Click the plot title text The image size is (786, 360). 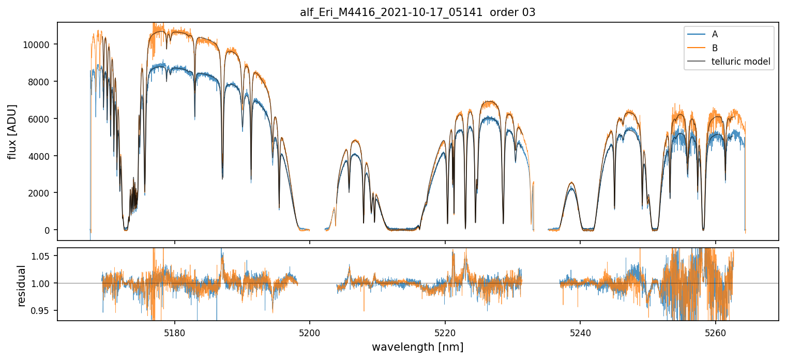pyautogui.click(x=417, y=12)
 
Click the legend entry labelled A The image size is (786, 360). pyautogui.click(x=715, y=34)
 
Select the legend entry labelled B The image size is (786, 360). pyautogui.click(x=715, y=48)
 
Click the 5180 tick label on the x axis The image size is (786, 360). pyautogui.click(x=175, y=332)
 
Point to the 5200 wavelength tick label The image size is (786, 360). pyautogui.click(x=310, y=332)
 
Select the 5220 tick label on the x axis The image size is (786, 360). pyautogui.click(x=445, y=332)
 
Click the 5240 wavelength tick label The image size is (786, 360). pyautogui.click(x=580, y=332)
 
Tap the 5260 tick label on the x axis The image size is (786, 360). pyautogui.click(x=716, y=332)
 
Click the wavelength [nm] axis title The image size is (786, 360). pyautogui.click(x=417, y=347)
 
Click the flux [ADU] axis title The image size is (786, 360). pyautogui.click(x=12, y=131)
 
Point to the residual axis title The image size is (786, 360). pyautogui.click(x=21, y=286)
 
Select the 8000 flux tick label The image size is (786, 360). pyautogui.click(x=40, y=82)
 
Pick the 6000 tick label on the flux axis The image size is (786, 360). pyautogui.click(x=40, y=119)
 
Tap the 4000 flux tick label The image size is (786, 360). pyautogui.click(x=40, y=156)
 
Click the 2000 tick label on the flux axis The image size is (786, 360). pyautogui.click(x=40, y=193)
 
